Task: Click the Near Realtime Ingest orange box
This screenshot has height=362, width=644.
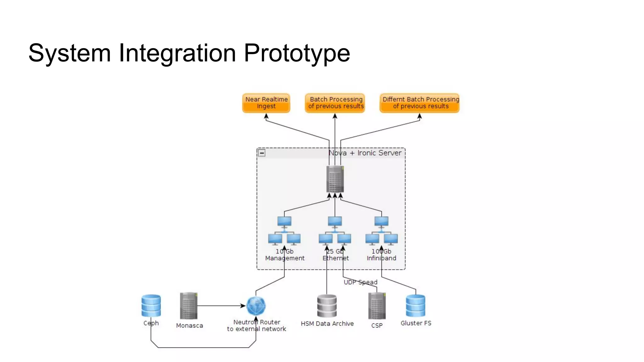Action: click(266, 103)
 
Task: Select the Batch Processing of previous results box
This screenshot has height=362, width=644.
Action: click(335, 103)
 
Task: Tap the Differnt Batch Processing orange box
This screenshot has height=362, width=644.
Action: click(419, 103)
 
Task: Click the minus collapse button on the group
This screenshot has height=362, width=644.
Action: click(262, 153)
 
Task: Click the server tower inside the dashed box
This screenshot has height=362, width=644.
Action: click(335, 179)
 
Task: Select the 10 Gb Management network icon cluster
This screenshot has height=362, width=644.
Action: click(284, 231)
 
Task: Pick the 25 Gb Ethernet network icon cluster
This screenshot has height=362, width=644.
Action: click(335, 231)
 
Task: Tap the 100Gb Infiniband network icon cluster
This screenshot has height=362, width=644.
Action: click(381, 231)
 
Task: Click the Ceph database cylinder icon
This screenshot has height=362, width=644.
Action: click(151, 305)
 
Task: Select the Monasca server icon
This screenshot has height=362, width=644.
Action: click(189, 306)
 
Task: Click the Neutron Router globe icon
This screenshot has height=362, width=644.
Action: click(256, 306)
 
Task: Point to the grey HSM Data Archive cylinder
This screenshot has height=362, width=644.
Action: click(327, 306)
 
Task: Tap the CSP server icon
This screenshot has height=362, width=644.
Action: click(377, 306)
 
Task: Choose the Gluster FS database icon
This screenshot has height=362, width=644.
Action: click(415, 305)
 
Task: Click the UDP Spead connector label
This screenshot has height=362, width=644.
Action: click(360, 282)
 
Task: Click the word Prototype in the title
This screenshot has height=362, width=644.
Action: click(297, 53)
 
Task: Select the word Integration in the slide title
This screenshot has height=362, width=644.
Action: click(177, 53)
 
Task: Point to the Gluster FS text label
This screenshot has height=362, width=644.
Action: click(416, 323)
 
